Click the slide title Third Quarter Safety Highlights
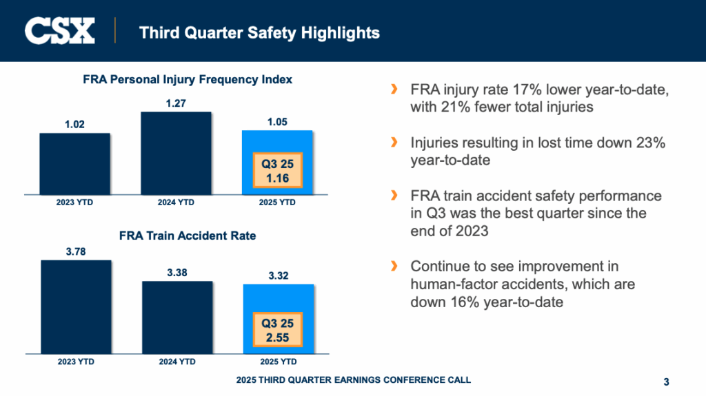[259, 32]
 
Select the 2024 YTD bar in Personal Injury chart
[176, 153]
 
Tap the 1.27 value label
[176, 103]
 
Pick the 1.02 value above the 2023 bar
[74, 125]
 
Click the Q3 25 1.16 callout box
[278, 170]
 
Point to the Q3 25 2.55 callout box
[278, 330]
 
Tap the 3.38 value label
[176, 273]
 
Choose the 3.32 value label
[277, 276]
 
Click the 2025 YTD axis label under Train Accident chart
[278, 362]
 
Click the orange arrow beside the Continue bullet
[394, 266]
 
